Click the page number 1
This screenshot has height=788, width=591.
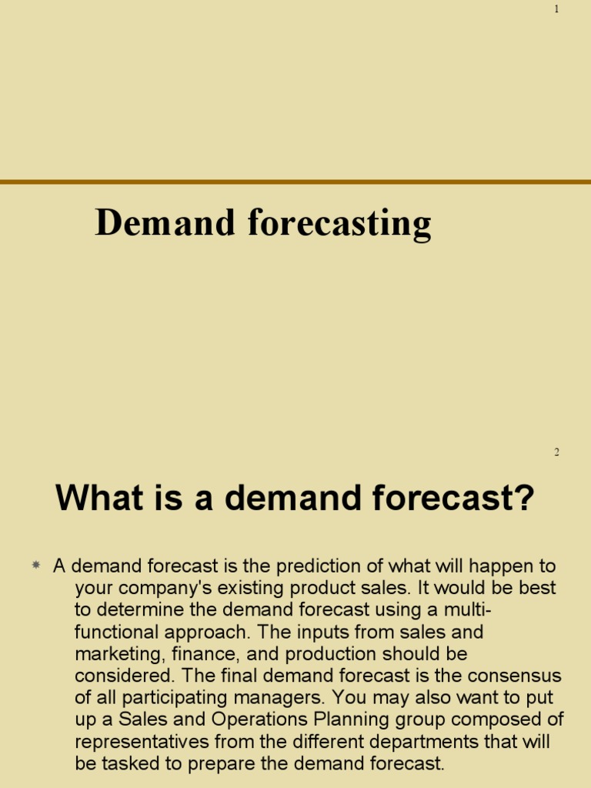pyautogui.click(x=556, y=8)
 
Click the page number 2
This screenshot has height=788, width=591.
pyautogui.click(x=556, y=452)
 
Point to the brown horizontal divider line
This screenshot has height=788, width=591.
pyautogui.click(x=295, y=182)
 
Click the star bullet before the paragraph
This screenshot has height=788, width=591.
pyautogui.click(x=35, y=566)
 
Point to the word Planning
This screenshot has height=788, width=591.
pyautogui.click(x=357, y=720)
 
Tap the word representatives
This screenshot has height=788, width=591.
pyautogui.click(x=149, y=742)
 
